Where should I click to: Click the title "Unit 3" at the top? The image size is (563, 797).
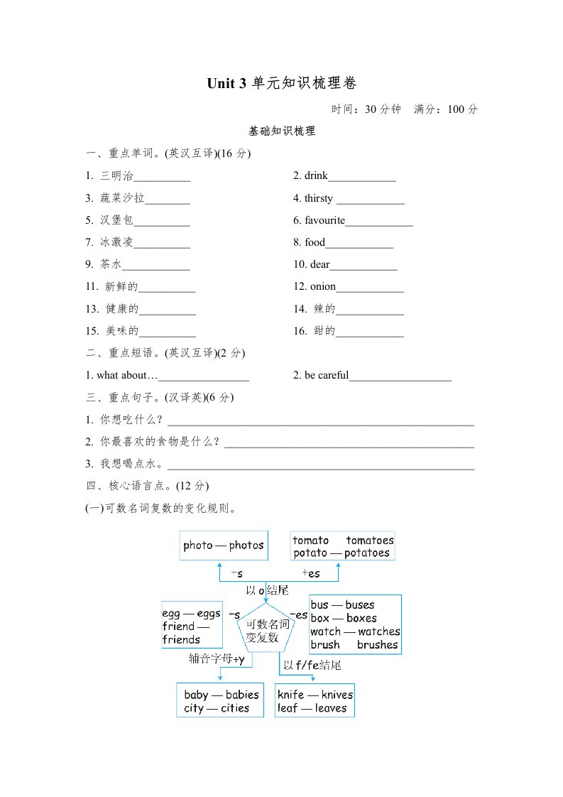coord(226,84)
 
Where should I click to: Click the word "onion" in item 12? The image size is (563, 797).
coord(322,287)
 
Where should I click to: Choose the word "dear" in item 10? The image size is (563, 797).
coord(319,265)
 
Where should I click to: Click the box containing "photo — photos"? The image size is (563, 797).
coord(224,546)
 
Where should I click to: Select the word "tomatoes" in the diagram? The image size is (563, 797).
coord(369,541)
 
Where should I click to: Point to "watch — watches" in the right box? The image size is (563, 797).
coord(355,631)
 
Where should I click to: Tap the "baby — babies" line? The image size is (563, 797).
coord(221,695)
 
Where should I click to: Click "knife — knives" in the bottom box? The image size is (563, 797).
coord(315,695)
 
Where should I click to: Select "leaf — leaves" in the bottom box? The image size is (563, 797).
coord(312,708)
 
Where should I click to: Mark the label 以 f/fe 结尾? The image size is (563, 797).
coord(312,666)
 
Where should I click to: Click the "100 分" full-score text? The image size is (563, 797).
coord(464,109)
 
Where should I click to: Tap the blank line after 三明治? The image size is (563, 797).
coord(161,178)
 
